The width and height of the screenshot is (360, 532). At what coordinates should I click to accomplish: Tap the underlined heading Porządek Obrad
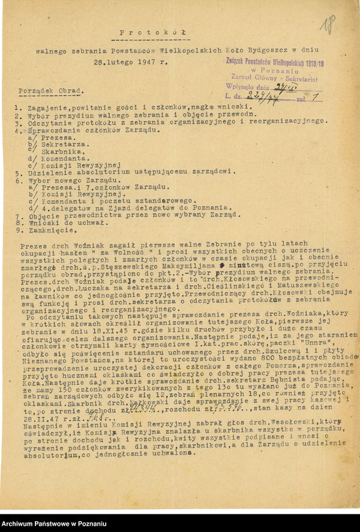52,91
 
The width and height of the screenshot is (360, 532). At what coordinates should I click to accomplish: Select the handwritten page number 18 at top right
328,25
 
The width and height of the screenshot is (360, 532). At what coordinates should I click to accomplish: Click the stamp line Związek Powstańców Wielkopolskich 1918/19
275,62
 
